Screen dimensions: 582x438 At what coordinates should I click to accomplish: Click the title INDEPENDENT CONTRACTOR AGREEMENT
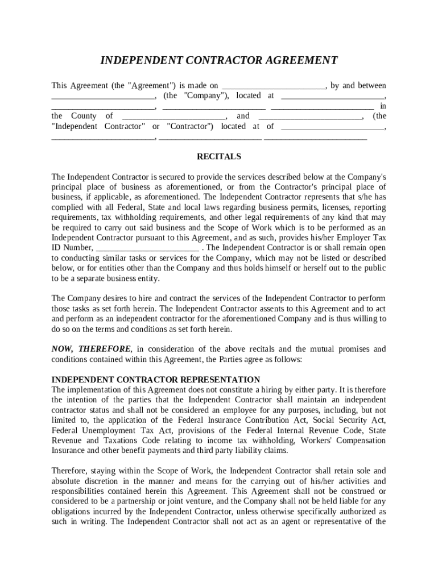pos(219,61)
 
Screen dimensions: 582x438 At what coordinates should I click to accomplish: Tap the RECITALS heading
pos(219,156)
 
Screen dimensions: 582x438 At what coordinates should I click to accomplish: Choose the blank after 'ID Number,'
pos(147,248)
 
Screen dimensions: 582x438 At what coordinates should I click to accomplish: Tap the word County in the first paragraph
pos(84,116)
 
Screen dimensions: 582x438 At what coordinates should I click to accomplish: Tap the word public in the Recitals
pos(374,269)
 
